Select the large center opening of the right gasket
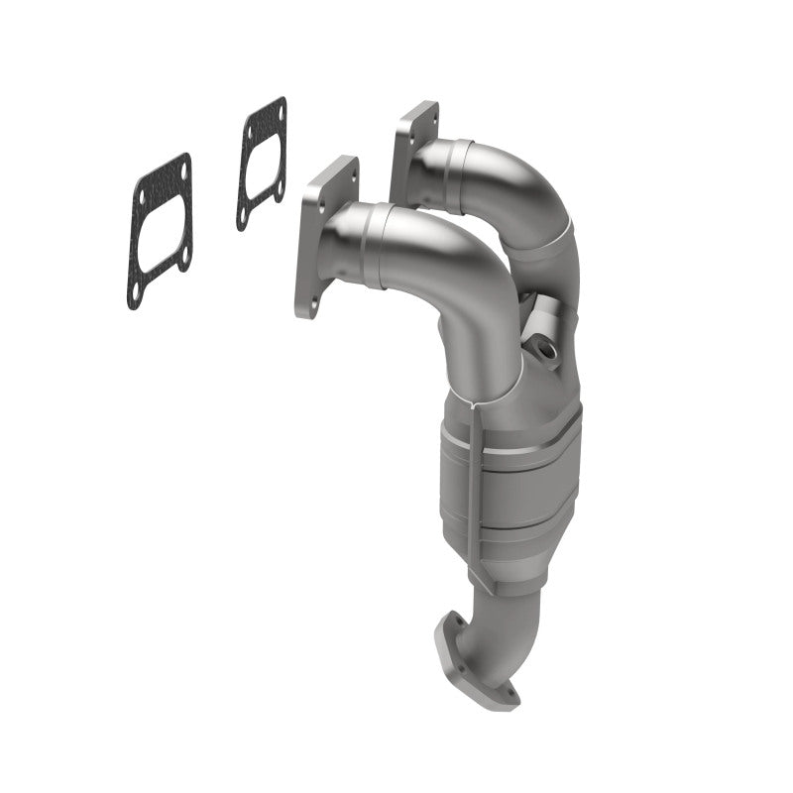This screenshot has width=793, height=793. click(262, 163)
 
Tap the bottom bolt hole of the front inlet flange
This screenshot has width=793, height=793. click(308, 302)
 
